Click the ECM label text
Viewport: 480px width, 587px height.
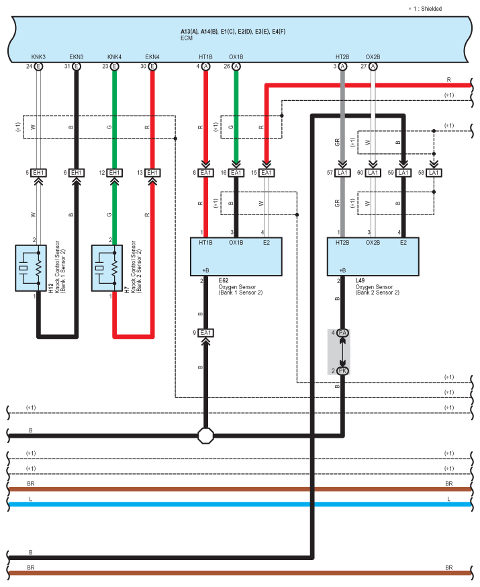click(x=187, y=38)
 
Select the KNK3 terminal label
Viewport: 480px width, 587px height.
click(x=38, y=57)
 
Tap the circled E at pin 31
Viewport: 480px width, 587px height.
click(x=77, y=67)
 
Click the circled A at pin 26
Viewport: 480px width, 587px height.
click(x=236, y=67)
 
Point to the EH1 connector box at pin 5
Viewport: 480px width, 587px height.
click(x=38, y=173)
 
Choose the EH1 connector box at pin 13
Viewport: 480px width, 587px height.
click(x=152, y=173)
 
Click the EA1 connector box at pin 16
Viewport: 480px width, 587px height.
click(x=236, y=173)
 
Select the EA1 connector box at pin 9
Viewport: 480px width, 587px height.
click(x=205, y=333)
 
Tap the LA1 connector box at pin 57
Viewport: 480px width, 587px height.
click(x=342, y=173)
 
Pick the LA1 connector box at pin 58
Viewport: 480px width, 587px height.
click(x=434, y=173)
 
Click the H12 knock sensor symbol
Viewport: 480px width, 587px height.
click(x=31, y=268)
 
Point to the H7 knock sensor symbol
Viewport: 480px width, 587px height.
click(x=107, y=268)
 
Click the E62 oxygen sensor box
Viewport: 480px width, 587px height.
click(x=236, y=256)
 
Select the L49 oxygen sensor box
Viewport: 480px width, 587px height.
click(x=373, y=256)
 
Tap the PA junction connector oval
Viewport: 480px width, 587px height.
click(x=342, y=333)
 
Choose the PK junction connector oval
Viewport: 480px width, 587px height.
click(x=342, y=371)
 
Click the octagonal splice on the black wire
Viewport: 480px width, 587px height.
click(x=205, y=436)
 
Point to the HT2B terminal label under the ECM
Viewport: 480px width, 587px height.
click(x=342, y=57)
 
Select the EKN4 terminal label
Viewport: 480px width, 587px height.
click(x=152, y=57)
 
